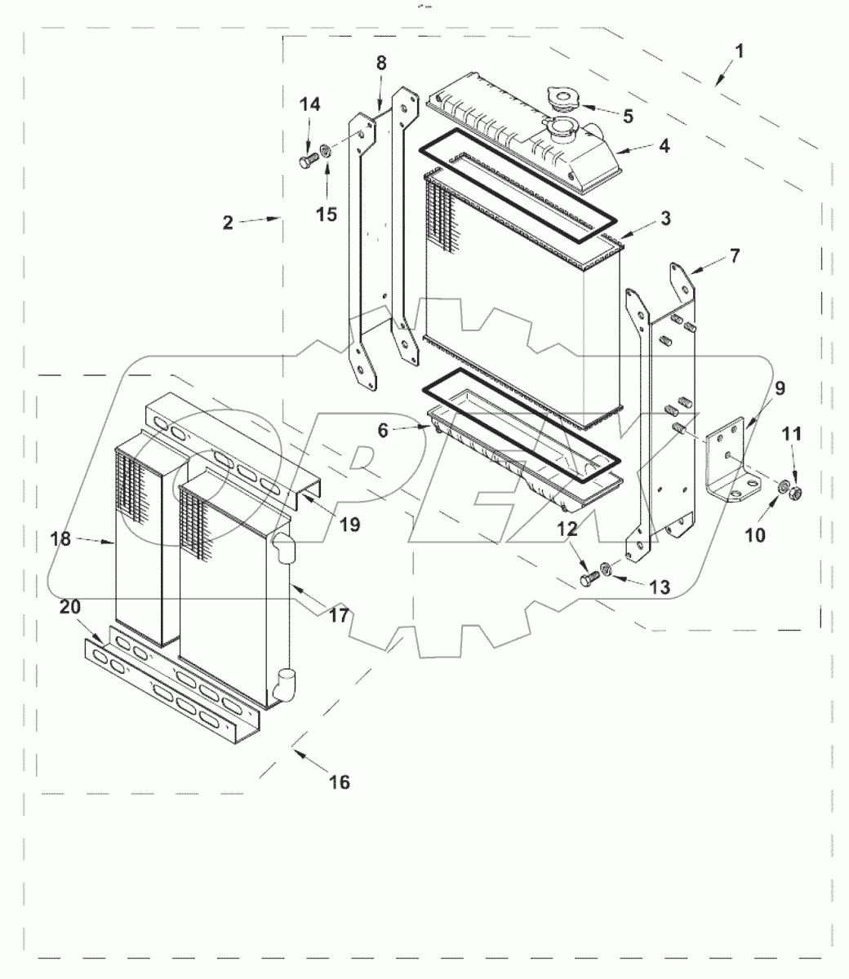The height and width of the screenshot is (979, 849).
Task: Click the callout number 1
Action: [x=738, y=51]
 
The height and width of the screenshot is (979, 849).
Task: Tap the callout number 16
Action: [x=339, y=782]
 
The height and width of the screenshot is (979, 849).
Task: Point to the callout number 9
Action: [x=780, y=388]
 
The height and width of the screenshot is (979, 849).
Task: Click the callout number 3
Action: [x=666, y=219]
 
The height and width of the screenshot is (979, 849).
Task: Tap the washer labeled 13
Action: [x=607, y=569]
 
